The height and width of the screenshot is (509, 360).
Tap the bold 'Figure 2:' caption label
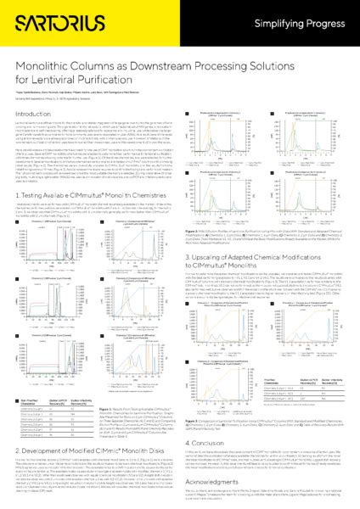click(197, 182)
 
